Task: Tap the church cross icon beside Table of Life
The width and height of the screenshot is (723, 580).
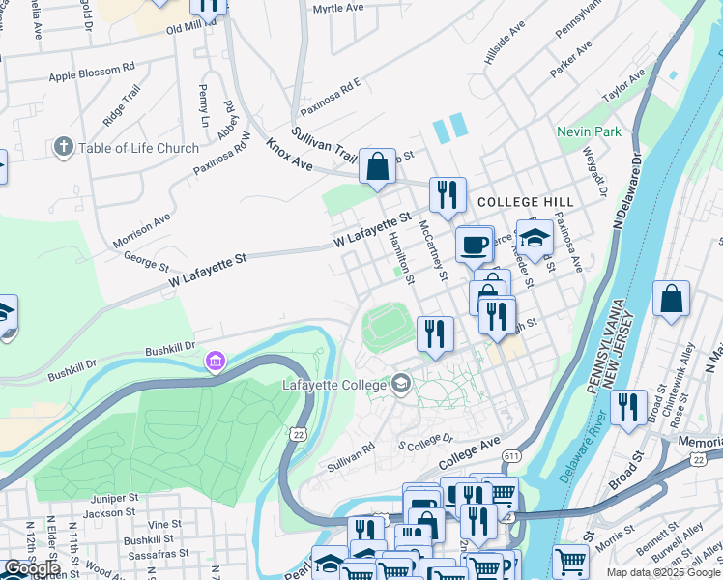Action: [64, 148]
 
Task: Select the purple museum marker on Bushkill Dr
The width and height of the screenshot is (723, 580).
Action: [215, 362]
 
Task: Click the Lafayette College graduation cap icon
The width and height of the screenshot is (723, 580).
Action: [400, 385]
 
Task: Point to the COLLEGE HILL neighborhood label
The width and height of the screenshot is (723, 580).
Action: [525, 202]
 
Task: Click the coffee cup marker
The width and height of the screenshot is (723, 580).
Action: [474, 245]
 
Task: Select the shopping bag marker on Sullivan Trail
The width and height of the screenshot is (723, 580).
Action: [377, 165]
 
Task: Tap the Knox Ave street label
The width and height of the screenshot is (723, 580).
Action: [290, 156]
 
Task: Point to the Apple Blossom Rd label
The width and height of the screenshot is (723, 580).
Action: [92, 75]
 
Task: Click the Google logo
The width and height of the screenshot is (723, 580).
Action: [32, 568]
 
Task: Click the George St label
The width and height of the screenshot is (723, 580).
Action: [146, 262]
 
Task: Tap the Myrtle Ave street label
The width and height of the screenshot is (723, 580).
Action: [337, 9]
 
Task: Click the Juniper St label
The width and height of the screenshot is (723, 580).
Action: [108, 498]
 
